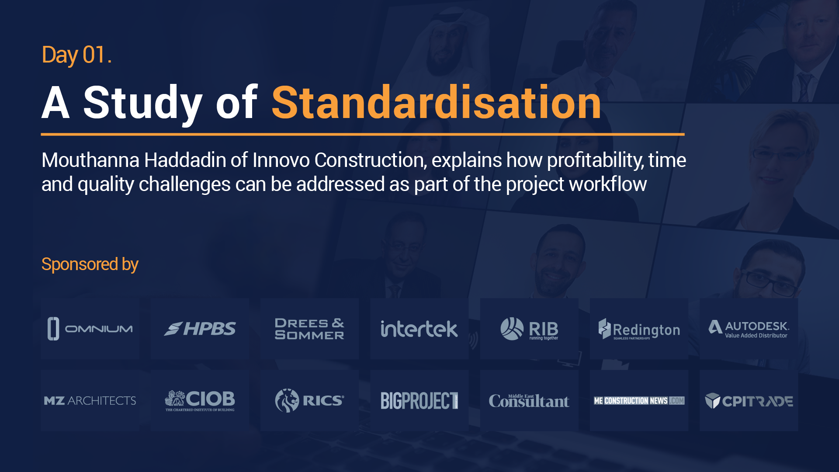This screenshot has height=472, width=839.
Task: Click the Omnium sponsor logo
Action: pos(90,329)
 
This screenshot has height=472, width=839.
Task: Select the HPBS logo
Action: pos(200,329)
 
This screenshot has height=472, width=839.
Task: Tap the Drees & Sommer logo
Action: pos(309,329)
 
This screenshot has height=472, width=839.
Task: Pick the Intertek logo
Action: pos(419,329)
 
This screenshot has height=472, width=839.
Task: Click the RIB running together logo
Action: pos(529,329)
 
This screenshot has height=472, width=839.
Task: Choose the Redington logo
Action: pos(639,329)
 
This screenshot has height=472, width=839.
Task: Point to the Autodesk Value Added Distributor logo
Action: pos(749,329)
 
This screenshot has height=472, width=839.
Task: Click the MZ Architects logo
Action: pos(90,400)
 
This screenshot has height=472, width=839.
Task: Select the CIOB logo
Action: pos(200,400)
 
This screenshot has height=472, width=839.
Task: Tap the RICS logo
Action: pos(309,400)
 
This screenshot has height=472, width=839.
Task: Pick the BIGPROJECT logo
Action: pos(419,400)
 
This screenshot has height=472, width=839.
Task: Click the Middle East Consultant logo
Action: pos(529,400)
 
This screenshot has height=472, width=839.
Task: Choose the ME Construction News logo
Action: pos(639,401)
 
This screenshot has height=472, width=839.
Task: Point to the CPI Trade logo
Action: pos(749,401)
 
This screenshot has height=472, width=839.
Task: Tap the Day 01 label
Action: pos(76,56)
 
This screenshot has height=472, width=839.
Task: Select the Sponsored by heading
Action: pos(90,264)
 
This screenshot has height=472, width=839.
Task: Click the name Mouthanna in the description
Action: pos(90,160)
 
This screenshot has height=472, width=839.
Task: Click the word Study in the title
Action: pos(143,104)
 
